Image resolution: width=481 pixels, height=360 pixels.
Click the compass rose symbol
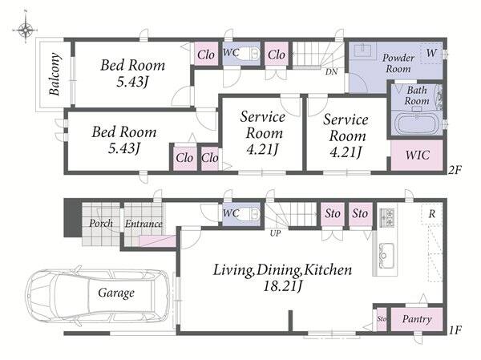(26, 30)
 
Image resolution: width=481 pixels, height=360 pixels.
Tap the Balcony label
(55, 74)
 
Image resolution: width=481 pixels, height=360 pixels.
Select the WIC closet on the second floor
(417, 155)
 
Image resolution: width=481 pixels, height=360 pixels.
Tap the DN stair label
(331, 72)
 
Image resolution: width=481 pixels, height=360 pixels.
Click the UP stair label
(275, 233)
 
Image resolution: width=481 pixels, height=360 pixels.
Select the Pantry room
(417, 319)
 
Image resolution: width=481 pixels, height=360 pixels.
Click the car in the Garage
(98, 293)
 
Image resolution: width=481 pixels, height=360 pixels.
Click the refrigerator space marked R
(431, 213)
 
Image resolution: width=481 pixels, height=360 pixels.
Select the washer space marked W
(431, 53)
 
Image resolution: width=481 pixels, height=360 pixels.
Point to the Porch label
(101, 223)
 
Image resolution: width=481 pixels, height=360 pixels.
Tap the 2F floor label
(455, 170)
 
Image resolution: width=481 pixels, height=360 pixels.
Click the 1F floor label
(455, 330)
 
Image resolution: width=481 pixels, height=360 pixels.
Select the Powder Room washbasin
(363, 50)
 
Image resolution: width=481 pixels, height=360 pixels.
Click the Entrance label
(143, 224)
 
